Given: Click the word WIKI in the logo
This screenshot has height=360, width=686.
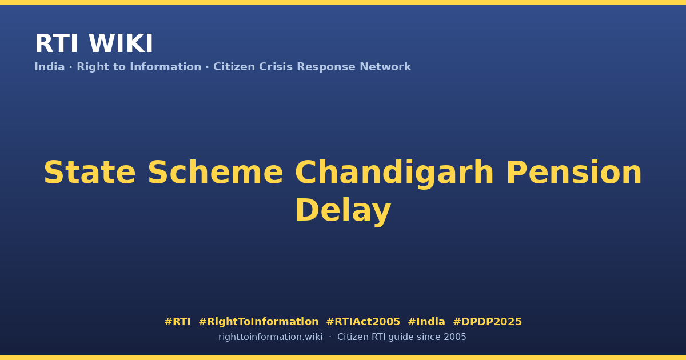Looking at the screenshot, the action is pos(121,43).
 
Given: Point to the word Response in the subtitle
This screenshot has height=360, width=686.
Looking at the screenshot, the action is pos(326,67).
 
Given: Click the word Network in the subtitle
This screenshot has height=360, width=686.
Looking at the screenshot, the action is pos(385,67).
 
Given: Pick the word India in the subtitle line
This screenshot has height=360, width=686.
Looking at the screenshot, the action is pos(50,67).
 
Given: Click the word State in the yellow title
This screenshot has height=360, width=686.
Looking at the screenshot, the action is pos(90,173).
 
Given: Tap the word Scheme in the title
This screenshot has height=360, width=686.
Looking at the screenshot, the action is pos(216,173).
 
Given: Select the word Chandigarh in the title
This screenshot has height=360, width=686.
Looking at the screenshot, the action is pos(394,174).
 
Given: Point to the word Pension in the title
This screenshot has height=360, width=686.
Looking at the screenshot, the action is pos(574,173).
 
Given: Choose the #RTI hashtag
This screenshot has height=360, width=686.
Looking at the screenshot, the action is pos(177,322).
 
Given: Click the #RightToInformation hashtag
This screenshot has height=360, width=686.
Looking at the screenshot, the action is pos(258,322).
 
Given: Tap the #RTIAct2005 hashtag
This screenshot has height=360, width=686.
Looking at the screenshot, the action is pos(363,322).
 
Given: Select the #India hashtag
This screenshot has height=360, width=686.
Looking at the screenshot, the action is pos(426,322).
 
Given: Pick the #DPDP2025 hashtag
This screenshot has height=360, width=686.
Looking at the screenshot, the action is pos(487,322).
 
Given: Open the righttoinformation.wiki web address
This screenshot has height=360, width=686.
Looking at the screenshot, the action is pos(270,337).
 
